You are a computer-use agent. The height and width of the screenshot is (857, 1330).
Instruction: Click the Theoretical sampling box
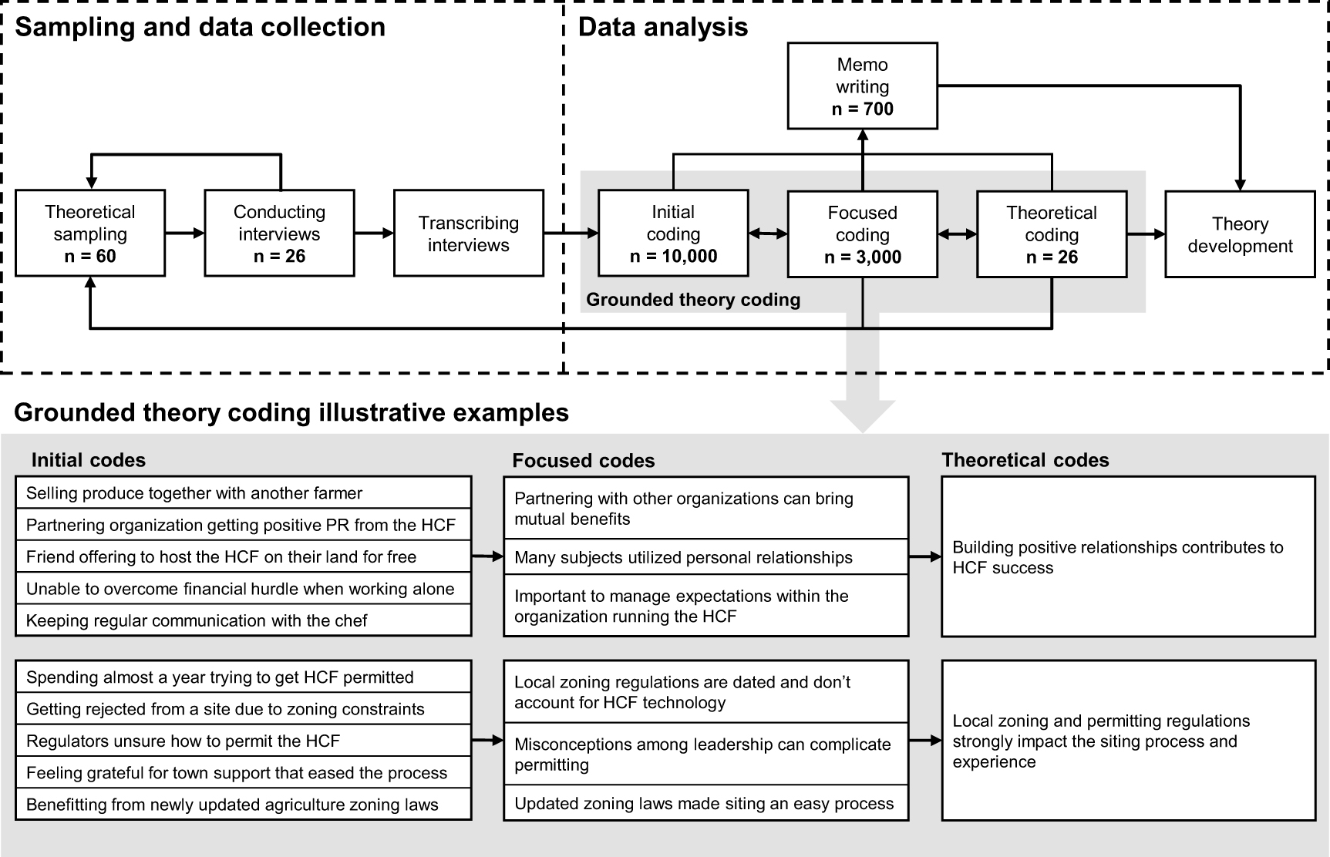point(90,233)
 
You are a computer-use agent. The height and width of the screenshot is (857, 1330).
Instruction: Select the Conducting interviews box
point(279,233)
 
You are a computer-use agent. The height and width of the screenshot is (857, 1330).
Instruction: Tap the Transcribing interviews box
point(468,233)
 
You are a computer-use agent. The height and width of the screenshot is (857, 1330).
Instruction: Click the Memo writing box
point(862,86)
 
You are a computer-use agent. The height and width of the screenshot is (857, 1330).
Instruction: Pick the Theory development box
point(1239,234)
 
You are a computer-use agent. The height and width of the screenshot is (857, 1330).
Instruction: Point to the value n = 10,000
point(673,257)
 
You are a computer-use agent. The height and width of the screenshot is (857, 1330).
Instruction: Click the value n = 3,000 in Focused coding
point(862,257)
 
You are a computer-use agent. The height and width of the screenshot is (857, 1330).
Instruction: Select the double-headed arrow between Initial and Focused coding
point(767,234)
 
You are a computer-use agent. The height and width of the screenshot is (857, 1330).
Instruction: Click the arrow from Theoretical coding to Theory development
point(1146,234)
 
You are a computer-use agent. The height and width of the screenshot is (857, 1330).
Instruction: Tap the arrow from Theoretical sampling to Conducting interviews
point(184,233)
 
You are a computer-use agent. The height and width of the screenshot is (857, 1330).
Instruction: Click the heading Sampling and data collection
point(200,27)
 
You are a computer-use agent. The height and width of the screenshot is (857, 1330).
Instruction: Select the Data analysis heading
point(663,27)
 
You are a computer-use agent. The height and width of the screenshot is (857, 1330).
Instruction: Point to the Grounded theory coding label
point(693,300)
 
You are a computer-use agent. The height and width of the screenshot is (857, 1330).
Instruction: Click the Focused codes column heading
point(584,461)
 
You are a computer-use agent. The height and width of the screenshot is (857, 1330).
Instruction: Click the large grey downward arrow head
point(862,415)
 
